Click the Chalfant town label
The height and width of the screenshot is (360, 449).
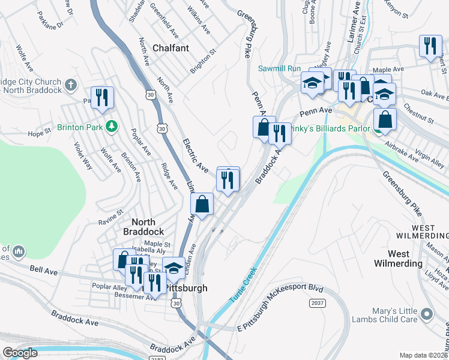pos(170,47)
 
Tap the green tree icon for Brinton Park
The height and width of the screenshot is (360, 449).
pos(110,126)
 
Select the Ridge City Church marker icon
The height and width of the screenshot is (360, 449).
pos(71,84)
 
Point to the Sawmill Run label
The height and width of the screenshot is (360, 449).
pos(279,68)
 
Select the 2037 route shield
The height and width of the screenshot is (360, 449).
pos(318,304)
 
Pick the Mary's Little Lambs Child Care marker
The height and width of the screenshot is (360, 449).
pos(427,314)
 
